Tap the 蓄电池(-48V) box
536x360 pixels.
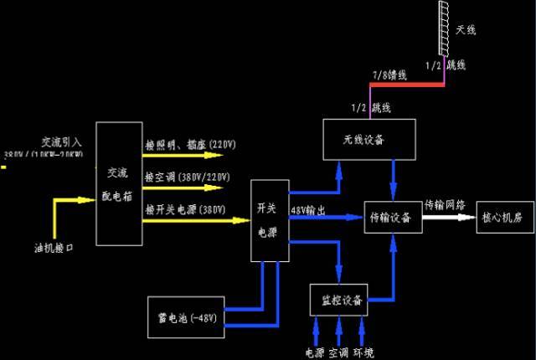(x=187, y=317)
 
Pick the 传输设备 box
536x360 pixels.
(x=391, y=218)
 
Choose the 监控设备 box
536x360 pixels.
(x=339, y=300)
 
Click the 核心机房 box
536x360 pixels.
(x=502, y=218)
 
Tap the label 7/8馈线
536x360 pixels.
(x=390, y=75)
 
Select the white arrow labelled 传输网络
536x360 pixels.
(x=447, y=217)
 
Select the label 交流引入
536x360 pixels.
(x=60, y=141)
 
